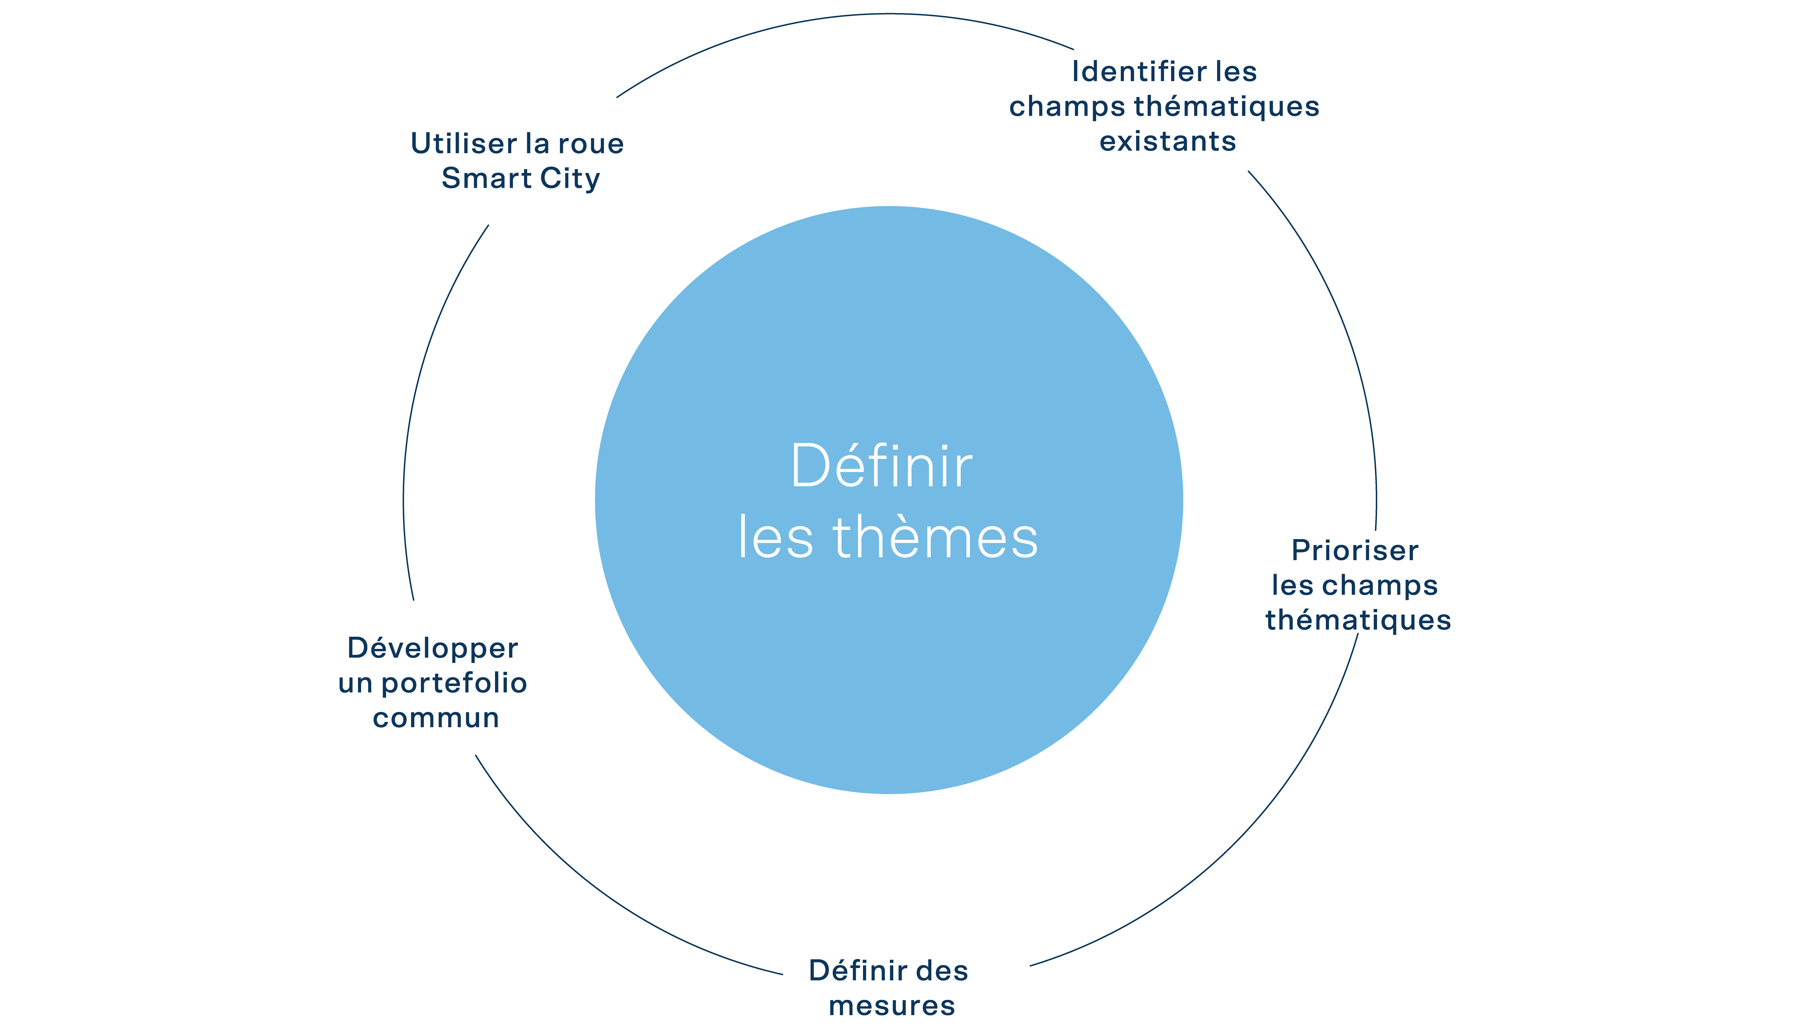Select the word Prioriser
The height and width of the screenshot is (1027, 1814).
[1355, 550]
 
